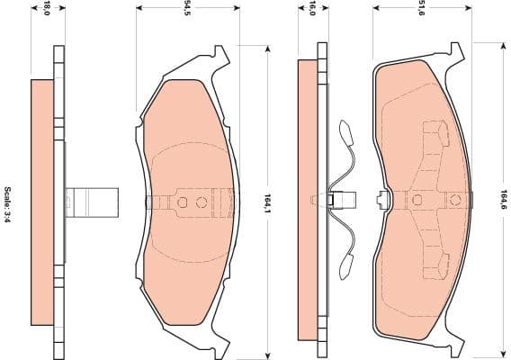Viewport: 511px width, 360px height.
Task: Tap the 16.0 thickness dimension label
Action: coord(311,9)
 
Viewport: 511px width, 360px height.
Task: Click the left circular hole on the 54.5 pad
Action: coord(183,202)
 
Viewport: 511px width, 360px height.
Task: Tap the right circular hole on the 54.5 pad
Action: coord(202,202)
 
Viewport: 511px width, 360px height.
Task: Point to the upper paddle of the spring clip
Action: coord(345,133)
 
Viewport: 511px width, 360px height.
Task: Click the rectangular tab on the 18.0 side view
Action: coord(93,201)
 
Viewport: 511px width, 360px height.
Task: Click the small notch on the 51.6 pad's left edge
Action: coord(383,200)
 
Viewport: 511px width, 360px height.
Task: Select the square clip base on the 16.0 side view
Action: coord(332,200)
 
